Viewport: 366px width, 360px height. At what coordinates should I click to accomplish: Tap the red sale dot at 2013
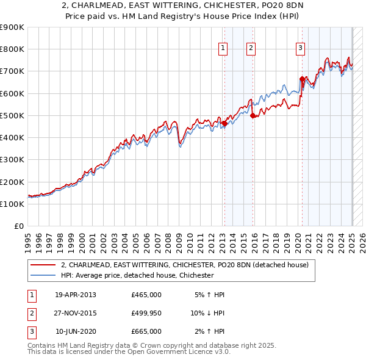click(224, 123)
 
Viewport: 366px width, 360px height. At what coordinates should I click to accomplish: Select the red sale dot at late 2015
click(253, 116)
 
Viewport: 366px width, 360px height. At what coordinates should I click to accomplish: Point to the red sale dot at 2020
click(302, 79)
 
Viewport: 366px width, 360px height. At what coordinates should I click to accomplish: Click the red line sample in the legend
click(43, 265)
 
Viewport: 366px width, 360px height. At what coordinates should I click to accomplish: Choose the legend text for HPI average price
click(137, 275)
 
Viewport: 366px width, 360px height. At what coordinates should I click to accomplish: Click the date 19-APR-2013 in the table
click(75, 295)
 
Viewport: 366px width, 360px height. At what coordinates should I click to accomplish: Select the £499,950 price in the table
click(146, 313)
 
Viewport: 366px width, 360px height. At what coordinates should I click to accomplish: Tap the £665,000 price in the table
click(146, 331)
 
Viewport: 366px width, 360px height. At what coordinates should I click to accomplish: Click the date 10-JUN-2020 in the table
click(75, 331)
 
